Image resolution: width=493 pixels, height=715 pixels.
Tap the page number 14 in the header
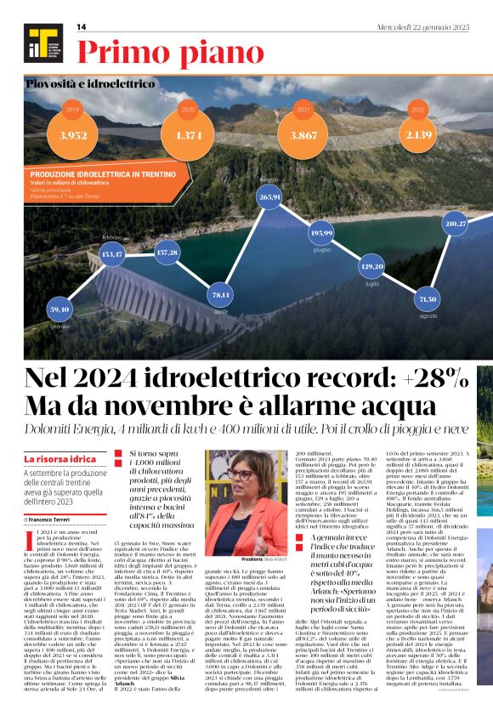coord(82,27)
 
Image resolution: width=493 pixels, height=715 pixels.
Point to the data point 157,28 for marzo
coord(167,252)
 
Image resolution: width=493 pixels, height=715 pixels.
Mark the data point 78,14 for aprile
coord(221,294)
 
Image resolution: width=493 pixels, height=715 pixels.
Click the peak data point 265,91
coord(269,196)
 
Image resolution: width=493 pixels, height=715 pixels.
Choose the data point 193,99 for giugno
coord(321,232)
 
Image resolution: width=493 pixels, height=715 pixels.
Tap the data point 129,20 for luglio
coord(373,266)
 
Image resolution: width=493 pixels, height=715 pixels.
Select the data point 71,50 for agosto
coord(428,299)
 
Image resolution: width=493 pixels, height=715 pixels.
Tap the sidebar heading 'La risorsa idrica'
coord(59,459)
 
